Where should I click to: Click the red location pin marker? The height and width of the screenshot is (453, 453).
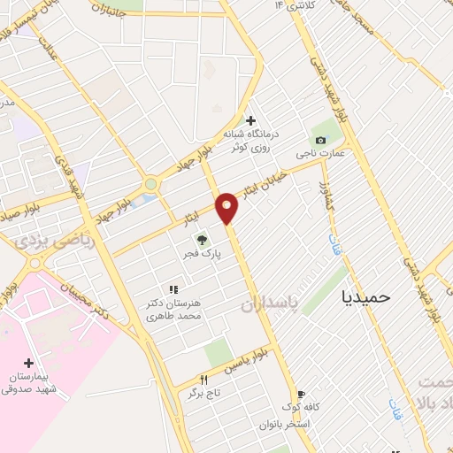[227, 208]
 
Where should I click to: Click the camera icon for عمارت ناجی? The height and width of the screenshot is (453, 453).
[320, 140]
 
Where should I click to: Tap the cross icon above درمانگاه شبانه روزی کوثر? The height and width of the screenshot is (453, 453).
[250, 120]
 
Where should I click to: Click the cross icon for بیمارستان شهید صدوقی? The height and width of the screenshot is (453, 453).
[29, 363]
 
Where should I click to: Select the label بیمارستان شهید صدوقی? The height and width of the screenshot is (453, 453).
[28, 382]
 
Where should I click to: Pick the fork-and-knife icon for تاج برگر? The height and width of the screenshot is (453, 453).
[203, 380]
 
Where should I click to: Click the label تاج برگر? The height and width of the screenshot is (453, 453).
[201, 393]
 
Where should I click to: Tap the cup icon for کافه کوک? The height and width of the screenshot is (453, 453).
[302, 395]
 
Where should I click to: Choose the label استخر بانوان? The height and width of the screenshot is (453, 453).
[283, 425]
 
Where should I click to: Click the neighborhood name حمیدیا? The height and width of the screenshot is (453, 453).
[365, 297]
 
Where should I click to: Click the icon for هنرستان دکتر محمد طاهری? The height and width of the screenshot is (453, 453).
[173, 289]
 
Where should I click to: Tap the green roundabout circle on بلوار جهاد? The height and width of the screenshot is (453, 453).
[151, 184]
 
